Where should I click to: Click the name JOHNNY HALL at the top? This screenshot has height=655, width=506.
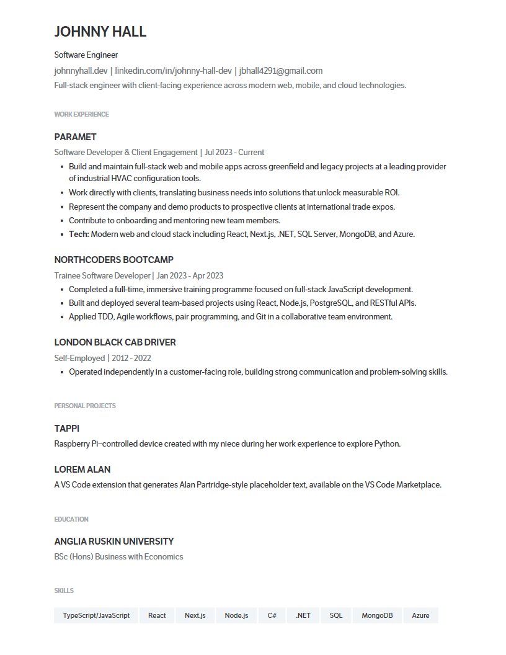click(100, 32)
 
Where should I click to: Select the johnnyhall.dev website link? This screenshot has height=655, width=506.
click(81, 71)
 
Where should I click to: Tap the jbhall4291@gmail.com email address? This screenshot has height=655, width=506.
click(281, 71)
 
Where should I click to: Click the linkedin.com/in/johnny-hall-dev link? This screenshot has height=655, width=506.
click(174, 71)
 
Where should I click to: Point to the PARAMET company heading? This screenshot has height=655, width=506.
click(75, 137)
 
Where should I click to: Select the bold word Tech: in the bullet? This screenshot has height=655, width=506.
click(79, 234)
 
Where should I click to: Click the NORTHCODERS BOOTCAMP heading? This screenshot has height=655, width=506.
click(113, 260)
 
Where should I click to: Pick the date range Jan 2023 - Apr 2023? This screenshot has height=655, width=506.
click(190, 275)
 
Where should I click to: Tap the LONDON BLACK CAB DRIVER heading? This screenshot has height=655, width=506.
click(115, 342)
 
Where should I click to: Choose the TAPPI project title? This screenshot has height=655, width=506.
click(67, 429)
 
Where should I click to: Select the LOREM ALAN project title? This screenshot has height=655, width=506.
click(82, 470)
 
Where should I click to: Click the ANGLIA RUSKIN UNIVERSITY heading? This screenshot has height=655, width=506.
click(114, 541)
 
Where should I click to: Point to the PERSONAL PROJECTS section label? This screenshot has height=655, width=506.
click(85, 406)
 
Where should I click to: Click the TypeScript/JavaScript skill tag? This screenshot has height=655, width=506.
click(96, 615)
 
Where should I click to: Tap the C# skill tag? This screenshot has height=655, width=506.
click(272, 615)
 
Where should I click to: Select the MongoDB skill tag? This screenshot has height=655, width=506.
click(377, 615)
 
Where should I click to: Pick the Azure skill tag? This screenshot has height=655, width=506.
click(420, 615)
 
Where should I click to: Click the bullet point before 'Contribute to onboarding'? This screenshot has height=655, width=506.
click(62, 221)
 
